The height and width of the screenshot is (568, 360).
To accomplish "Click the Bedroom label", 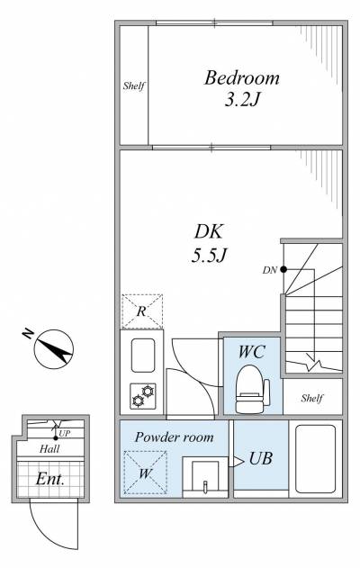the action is (241, 78).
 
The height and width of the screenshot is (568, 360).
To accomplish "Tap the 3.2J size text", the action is (242, 99).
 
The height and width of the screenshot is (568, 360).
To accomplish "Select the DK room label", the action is (209, 232).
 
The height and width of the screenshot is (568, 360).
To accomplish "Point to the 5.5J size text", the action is (209, 256).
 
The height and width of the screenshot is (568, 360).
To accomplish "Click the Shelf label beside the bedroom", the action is (133, 86).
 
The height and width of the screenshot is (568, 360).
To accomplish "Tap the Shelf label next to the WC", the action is (311, 399).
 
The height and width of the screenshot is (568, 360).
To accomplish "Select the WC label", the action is (252, 352).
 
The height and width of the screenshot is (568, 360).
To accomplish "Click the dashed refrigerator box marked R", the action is (142, 311).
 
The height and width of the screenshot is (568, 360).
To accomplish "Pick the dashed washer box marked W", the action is (145, 473).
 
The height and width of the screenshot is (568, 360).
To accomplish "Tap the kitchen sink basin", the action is (143, 356).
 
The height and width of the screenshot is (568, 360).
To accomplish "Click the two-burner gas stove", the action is (143, 396).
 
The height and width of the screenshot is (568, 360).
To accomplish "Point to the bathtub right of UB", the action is (316, 459).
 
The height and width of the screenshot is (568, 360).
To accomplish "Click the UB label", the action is (260, 458).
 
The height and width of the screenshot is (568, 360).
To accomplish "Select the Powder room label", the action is (175, 437).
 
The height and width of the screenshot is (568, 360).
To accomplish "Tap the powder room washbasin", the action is (205, 477).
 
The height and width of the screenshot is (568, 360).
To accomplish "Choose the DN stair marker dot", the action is (283, 269).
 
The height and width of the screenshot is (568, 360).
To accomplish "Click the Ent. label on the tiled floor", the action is (50, 479).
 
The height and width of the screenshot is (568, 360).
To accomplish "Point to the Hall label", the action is (49, 449).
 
